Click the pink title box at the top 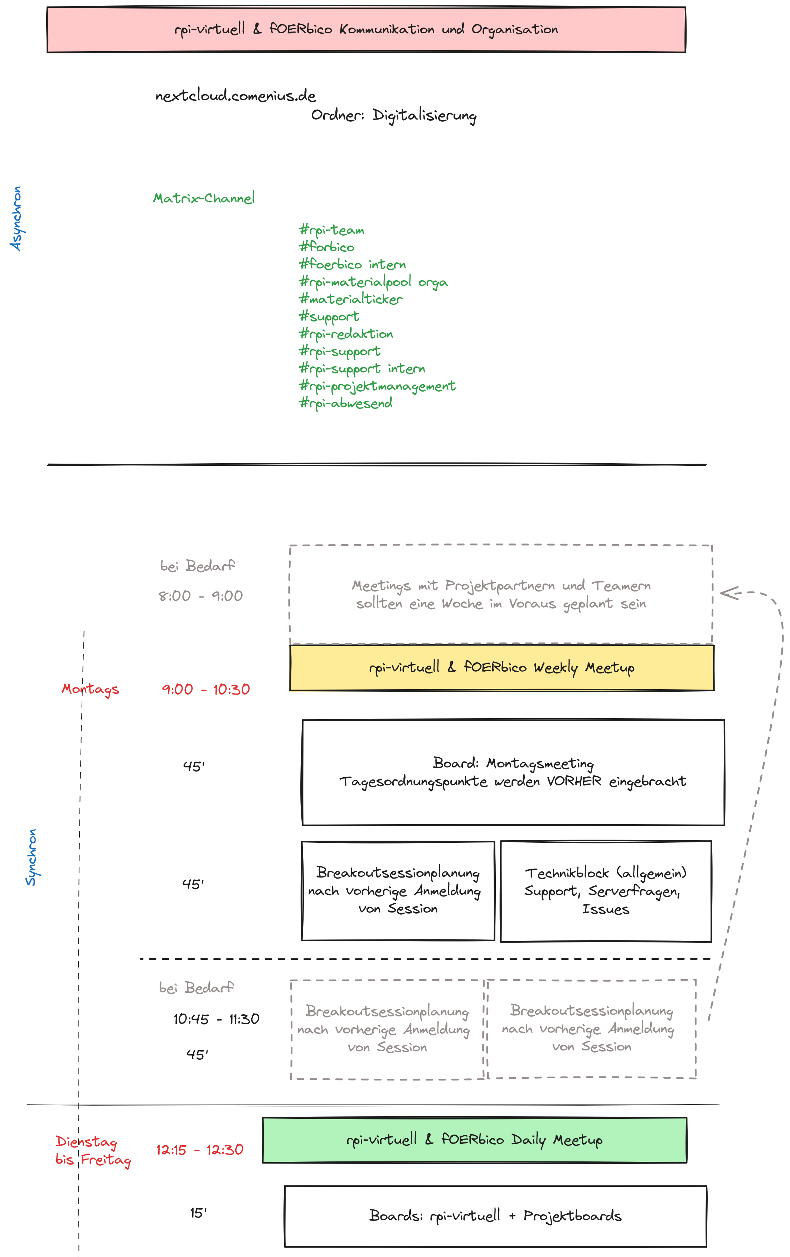(366, 30)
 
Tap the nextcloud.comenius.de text (235, 96)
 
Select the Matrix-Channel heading (204, 198)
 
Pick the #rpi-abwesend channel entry (345, 403)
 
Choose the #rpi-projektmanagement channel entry (377, 386)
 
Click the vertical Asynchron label (16, 219)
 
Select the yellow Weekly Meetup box (501, 668)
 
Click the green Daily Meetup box (474, 1140)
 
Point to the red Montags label (90, 689)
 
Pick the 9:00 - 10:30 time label (205, 690)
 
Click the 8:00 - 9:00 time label (200, 596)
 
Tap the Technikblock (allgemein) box (605, 891)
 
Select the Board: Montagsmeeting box (513, 773)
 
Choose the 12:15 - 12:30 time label (199, 1150)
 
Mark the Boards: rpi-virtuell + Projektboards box (495, 1216)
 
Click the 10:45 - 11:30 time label (216, 1019)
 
